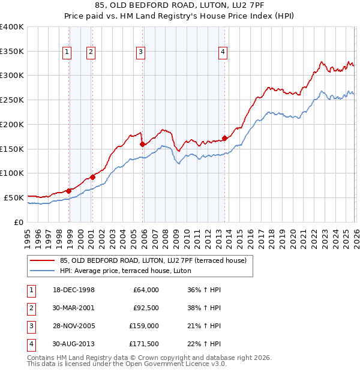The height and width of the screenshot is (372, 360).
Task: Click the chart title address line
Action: pyautogui.click(x=180, y=6)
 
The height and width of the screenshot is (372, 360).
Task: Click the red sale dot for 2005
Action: pyautogui.click(x=142, y=144)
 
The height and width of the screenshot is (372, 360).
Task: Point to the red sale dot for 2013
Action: pyautogui.click(x=224, y=138)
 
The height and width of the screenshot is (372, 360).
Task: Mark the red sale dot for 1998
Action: pyautogui.click(x=69, y=191)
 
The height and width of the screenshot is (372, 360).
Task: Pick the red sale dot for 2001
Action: pyautogui.click(x=93, y=176)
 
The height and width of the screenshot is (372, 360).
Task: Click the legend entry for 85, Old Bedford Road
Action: pyautogui.click(x=152, y=260)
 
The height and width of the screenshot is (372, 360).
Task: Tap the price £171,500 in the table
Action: pyautogui.click(x=144, y=344)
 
